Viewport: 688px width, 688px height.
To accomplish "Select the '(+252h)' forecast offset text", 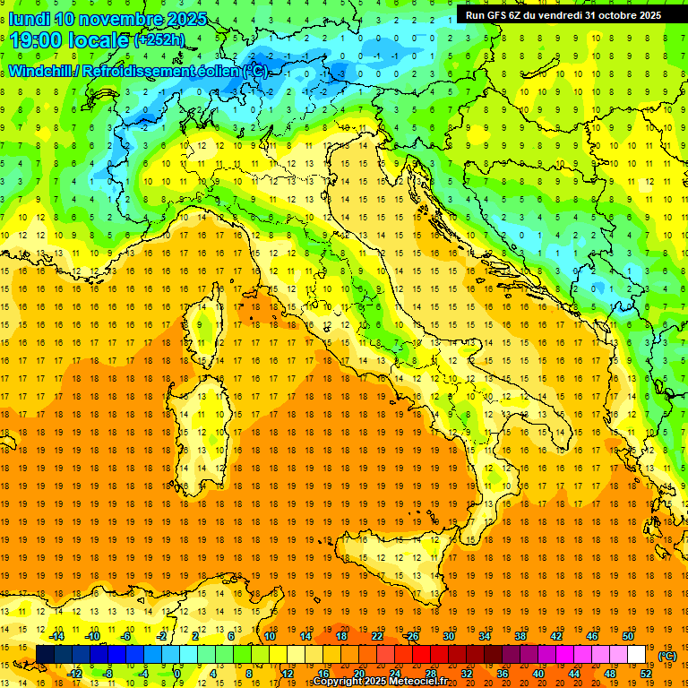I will tap(160, 40).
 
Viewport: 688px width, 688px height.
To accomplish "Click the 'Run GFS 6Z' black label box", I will tap(563, 14).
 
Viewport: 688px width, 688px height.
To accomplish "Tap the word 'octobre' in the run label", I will tap(611, 14).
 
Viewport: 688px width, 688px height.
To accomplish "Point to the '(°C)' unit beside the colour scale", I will tap(667, 656).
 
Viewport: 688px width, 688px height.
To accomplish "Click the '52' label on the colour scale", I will tap(646, 674).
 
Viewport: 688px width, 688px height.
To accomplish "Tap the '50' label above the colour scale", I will tap(628, 636).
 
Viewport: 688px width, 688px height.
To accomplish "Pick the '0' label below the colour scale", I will tap(177, 674).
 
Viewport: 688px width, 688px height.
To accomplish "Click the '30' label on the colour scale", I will tap(449, 636).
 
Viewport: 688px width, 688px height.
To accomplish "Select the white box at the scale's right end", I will tap(637, 655).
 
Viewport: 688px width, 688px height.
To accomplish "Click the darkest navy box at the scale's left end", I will tap(45, 655).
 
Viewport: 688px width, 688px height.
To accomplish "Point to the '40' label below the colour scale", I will tap(537, 674).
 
